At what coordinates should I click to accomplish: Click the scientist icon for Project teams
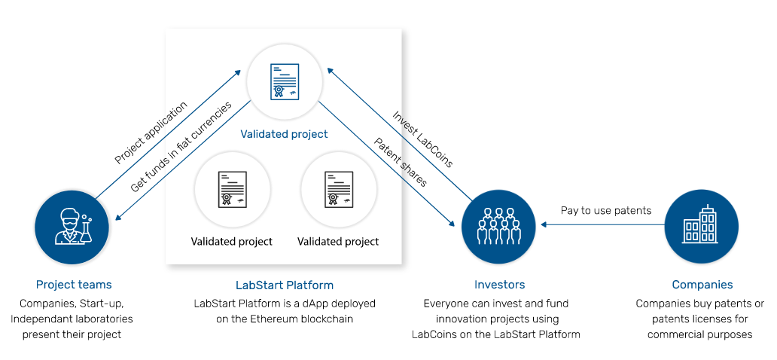click(x=72, y=227)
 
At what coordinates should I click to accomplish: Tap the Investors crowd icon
click(x=498, y=227)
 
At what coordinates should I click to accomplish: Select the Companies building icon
click(x=701, y=227)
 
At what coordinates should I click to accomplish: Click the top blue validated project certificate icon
click(x=285, y=81)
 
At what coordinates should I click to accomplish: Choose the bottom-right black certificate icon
click(x=339, y=189)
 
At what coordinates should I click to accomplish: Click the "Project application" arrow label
click(x=151, y=133)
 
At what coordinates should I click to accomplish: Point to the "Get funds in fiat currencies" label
click(x=181, y=148)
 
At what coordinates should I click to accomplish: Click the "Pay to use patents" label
click(x=606, y=211)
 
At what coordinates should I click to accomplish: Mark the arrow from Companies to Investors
click(x=602, y=224)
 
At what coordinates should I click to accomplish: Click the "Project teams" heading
click(x=74, y=285)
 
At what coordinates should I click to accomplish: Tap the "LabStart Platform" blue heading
click(x=285, y=285)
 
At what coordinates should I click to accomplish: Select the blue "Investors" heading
click(x=499, y=285)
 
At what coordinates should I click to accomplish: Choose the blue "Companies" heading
click(x=702, y=285)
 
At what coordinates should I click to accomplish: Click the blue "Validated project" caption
click(x=284, y=134)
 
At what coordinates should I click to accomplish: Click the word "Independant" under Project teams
click(x=38, y=319)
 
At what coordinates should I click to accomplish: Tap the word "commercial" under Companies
click(x=676, y=334)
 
